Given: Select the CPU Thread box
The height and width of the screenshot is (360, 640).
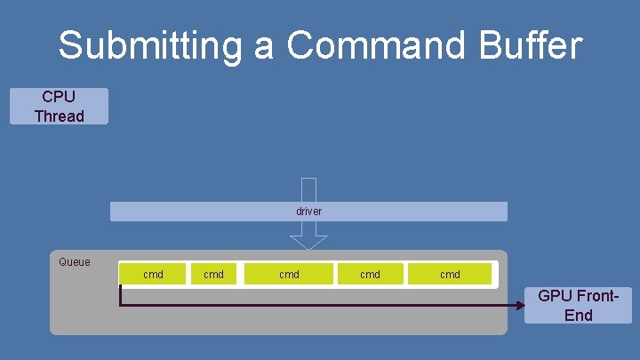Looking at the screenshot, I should click(59, 106).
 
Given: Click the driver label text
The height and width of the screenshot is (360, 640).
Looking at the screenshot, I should click(308, 212).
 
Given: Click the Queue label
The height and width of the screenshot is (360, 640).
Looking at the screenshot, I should click(74, 262).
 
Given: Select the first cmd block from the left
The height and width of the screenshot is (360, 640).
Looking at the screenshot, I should click(153, 275).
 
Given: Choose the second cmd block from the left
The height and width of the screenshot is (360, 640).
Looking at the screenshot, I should click(213, 275).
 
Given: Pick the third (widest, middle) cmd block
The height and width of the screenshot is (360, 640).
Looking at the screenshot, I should click(289, 275).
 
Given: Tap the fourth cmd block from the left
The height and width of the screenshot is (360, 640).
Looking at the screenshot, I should click(370, 275).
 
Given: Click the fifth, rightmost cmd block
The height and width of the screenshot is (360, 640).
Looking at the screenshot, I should click(450, 275).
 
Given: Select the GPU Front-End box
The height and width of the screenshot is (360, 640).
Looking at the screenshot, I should click(578, 305).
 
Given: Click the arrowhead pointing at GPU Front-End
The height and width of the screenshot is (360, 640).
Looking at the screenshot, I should click(522, 305).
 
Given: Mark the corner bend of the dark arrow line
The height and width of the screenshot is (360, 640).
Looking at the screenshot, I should click(120, 305).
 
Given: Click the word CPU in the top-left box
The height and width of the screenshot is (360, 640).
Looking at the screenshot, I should click(59, 97).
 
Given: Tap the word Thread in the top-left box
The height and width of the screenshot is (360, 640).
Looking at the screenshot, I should click(59, 116).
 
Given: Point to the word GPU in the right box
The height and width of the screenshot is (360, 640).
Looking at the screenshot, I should click(556, 296).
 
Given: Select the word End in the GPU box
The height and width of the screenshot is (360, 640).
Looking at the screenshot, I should click(578, 316).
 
